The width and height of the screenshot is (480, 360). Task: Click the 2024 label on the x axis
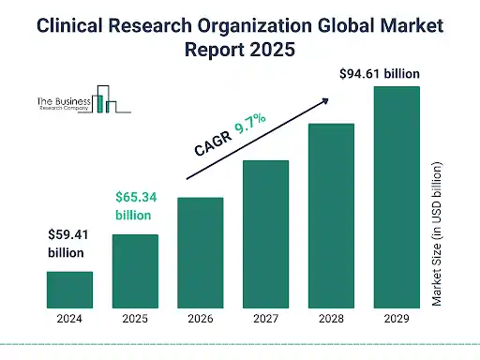[x=70, y=318]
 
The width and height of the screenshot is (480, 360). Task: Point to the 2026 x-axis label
[x=201, y=318]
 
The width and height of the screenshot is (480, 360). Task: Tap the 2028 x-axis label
[x=331, y=318]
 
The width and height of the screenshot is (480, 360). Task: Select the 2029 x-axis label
[x=396, y=318]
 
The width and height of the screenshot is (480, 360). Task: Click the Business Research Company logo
[x=88, y=102]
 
